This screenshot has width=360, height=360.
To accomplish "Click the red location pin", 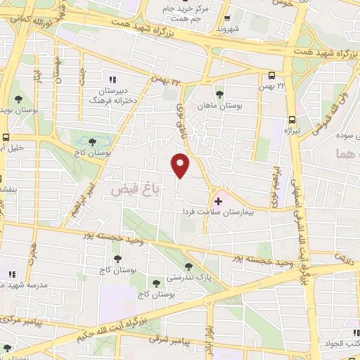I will click(x=181, y=164).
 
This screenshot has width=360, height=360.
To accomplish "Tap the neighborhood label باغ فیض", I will click(x=130, y=189).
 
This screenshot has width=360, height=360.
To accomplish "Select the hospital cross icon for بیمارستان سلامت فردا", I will click(x=218, y=202).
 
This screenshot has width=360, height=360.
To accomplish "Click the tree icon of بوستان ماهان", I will click(x=219, y=94).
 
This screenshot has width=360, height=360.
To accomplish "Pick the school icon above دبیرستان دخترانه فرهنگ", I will click(x=112, y=79).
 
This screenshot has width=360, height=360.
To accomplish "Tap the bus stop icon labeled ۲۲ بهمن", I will click(x=272, y=75).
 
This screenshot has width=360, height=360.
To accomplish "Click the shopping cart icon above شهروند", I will click(x=227, y=20).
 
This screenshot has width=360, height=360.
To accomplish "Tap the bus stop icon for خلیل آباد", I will click(x=6, y=138).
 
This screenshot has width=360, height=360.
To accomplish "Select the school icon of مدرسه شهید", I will click(x=11, y=274).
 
